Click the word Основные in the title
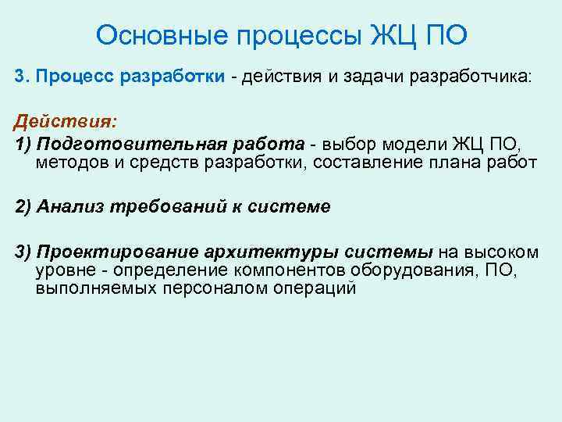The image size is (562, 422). [x=152, y=34]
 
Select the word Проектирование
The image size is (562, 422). [x=116, y=252]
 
